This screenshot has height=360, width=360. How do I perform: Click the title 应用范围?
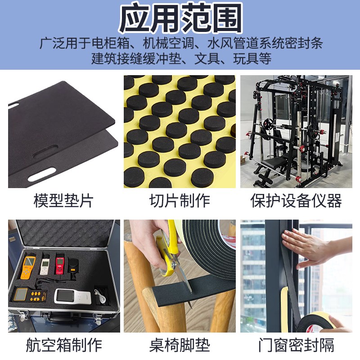pos(180,19)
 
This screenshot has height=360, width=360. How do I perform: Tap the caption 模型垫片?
pos(63,200)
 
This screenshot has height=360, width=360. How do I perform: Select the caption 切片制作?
pos(180,200)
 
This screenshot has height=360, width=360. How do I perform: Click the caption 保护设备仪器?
pos(296,200)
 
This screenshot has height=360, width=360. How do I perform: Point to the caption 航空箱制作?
pos(63,345)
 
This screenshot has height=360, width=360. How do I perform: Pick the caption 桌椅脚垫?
pos(180,345)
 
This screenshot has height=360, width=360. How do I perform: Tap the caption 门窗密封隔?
pos(296,345)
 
